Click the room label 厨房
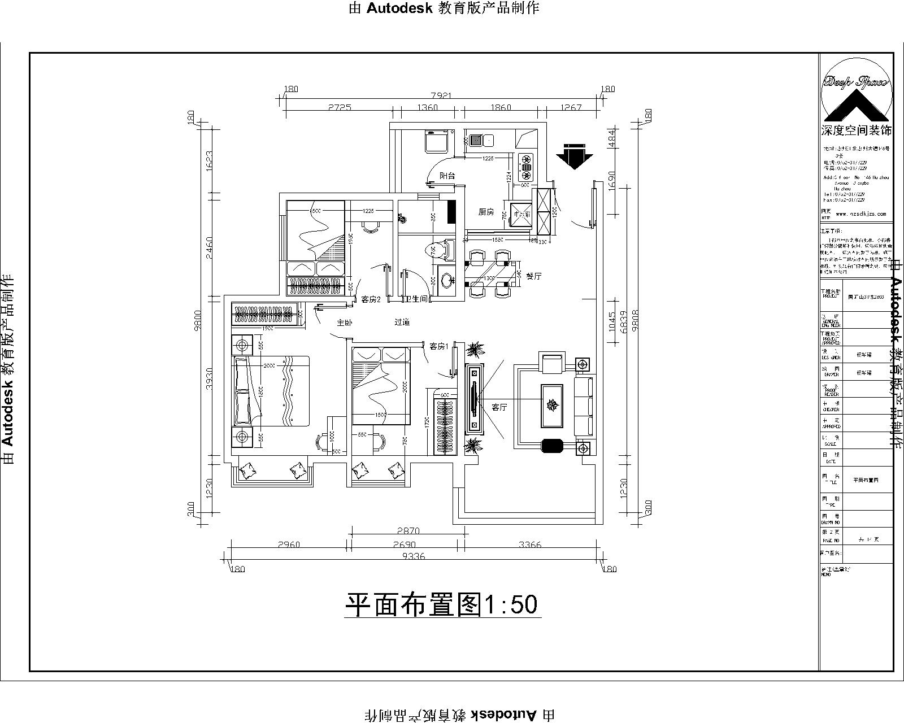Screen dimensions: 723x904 click(486, 212)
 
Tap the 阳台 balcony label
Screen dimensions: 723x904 click(447, 176)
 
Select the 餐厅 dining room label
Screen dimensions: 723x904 click(534, 276)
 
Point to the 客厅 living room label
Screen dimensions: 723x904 click(499, 407)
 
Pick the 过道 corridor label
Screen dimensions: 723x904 click(402, 323)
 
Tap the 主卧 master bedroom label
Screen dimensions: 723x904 click(344, 323)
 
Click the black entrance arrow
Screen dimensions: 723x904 click(574, 156)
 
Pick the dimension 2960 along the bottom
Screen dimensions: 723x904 click(289, 545)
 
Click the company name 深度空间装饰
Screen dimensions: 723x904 click(856, 130)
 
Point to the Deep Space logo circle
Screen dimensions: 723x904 click(856, 90)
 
